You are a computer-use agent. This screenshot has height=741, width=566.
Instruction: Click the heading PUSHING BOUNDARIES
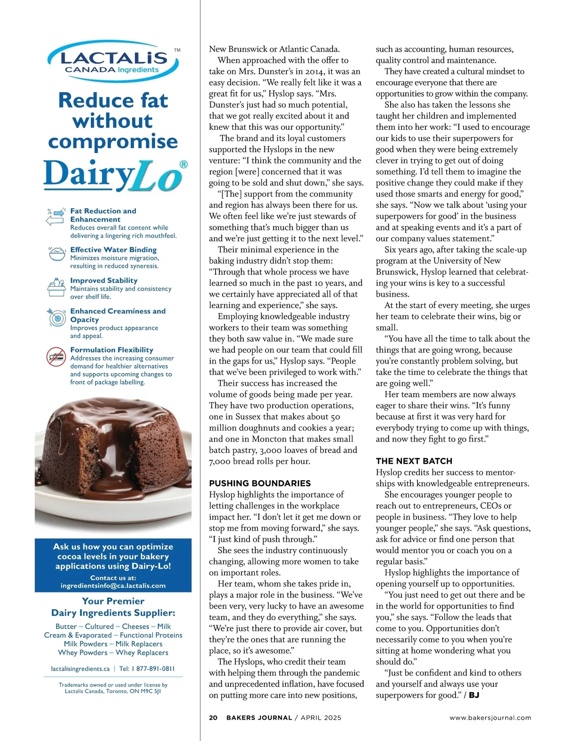tap(260, 483)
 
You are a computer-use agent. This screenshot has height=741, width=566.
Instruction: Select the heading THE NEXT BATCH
tap(414, 461)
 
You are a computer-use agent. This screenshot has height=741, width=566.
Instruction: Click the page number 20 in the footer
tap(213, 717)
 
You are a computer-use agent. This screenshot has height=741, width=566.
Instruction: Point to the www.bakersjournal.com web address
tap(490, 717)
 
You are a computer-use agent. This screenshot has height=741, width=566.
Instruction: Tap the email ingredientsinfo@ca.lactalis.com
tap(113, 586)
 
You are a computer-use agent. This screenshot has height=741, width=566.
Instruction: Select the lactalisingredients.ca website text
tap(80, 669)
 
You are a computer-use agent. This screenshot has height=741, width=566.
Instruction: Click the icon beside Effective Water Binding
tap(57, 254)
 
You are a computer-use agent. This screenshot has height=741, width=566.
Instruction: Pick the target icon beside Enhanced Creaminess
tap(57, 318)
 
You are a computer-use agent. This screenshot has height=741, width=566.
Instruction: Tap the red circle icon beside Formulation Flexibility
tap(56, 357)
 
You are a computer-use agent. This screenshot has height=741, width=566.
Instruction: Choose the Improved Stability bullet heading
tap(104, 281)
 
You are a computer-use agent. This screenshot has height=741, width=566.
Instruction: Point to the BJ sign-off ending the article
tap(474, 695)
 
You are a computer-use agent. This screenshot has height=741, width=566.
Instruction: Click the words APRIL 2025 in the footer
tap(321, 717)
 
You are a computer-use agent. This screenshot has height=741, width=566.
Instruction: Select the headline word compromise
tap(113, 141)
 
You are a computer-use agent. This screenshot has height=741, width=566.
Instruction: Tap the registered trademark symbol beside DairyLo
tap(183, 164)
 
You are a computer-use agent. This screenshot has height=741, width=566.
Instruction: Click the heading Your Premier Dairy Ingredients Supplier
tap(113, 607)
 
